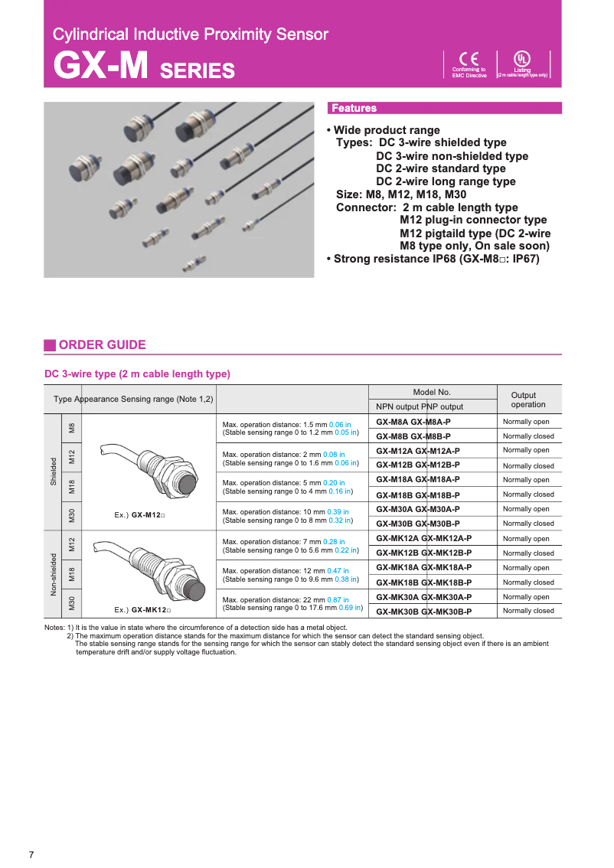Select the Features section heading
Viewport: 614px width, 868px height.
click(x=354, y=108)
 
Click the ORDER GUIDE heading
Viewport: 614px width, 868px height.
click(x=102, y=344)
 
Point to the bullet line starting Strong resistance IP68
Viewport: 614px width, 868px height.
click(x=433, y=259)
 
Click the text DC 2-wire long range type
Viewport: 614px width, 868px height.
click(x=446, y=181)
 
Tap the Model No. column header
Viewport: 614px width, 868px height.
click(x=432, y=392)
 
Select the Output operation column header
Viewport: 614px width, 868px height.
click(x=527, y=400)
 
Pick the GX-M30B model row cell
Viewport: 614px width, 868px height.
click(x=418, y=524)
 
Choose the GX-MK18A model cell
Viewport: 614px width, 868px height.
click(x=423, y=567)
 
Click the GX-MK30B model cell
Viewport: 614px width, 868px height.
click(x=423, y=611)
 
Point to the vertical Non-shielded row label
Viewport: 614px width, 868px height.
click(x=54, y=574)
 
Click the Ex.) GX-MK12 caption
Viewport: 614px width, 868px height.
click(x=142, y=610)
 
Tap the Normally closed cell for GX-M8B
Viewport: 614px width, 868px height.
click(x=528, y=436)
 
